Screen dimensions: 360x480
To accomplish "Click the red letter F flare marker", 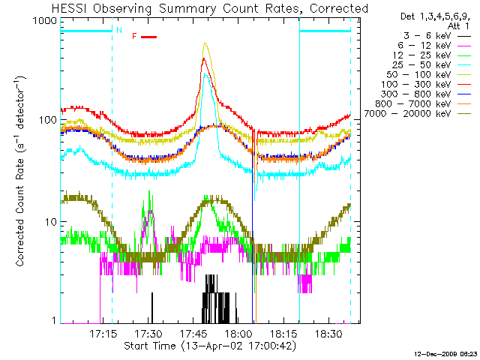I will tap(134, 36).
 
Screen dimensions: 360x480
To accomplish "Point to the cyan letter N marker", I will tap(118, 31).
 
